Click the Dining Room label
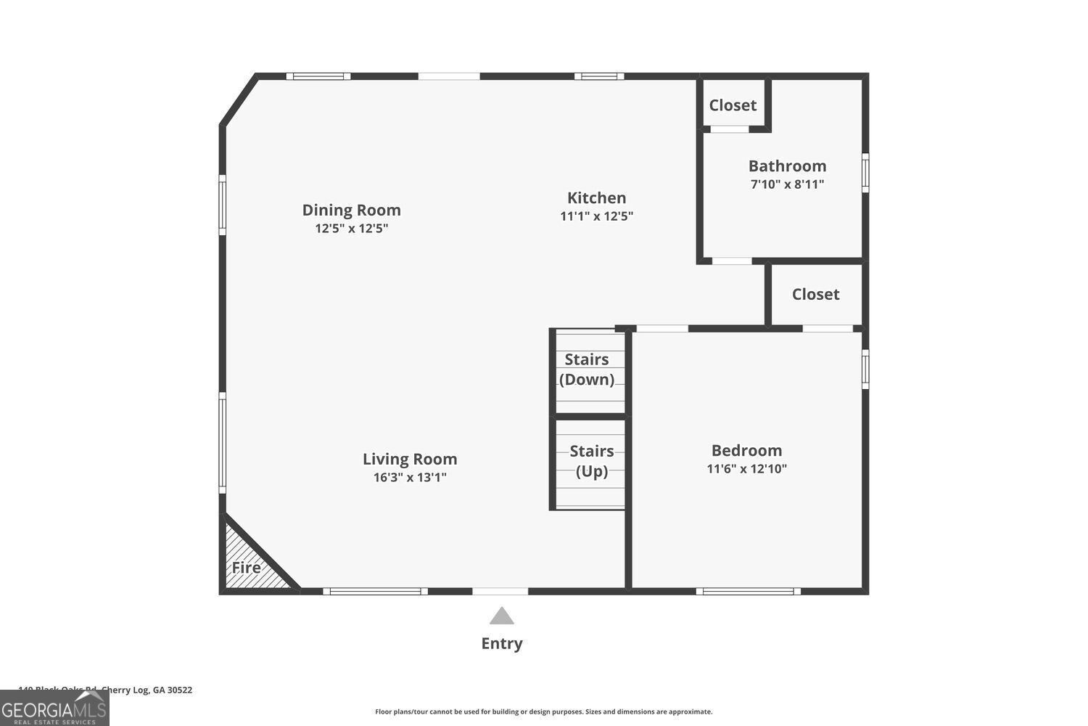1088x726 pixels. [351, 210]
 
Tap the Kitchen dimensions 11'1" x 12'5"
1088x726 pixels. [596, 216]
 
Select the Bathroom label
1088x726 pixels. [787, 166]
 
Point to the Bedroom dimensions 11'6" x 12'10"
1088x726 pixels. [746, 469]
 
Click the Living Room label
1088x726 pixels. [410, 459]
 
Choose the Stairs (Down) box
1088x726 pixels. [589, 371]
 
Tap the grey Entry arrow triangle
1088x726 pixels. [501, 617]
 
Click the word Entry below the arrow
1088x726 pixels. [502, 643]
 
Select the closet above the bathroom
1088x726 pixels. [733, 105]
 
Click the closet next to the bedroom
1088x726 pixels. [815, 294]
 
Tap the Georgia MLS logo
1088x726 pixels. [54, 708]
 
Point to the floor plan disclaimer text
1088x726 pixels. [543, 712]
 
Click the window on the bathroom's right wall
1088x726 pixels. [865, 172]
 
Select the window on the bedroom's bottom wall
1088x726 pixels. [748, 591]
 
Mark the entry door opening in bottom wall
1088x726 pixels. [500, 591]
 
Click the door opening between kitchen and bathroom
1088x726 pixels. [731, 261]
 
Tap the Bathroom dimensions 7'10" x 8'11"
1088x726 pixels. [787, 184]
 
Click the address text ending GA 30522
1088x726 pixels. [106, 690]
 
